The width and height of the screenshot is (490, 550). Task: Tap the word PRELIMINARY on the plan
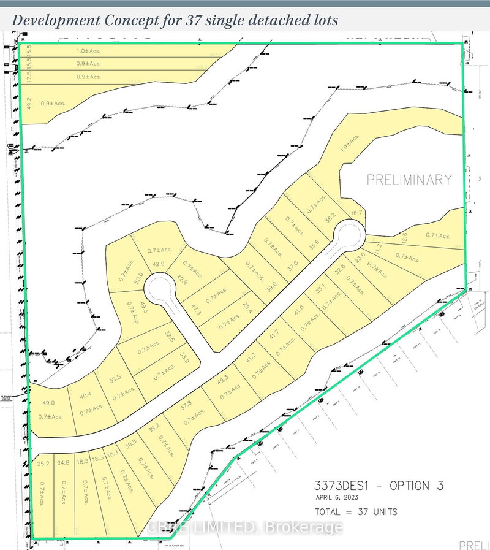409,180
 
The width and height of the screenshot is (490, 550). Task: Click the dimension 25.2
43,464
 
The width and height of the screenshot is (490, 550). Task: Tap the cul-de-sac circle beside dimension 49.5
162,289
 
